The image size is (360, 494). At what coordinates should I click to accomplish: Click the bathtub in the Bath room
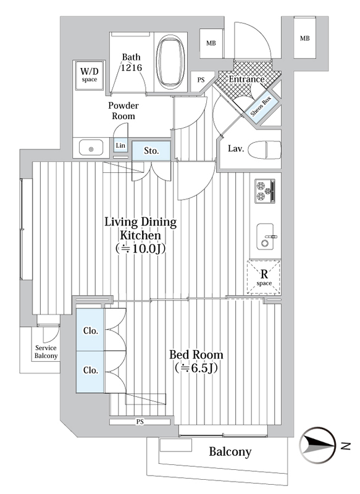point(171,62)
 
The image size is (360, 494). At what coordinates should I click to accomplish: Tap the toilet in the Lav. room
point(264,149)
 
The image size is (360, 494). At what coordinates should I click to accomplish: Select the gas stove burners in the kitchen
point(264,191)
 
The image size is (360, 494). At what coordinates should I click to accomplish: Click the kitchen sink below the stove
point(265,237)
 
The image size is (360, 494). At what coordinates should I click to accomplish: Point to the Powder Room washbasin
point(91,148)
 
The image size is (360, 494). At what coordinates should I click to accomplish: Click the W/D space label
point(89,75)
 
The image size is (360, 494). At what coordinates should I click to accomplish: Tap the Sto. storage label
point(151,151)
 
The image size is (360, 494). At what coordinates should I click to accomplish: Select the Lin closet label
point(120,145)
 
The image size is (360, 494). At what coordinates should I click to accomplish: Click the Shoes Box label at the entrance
point(261,106)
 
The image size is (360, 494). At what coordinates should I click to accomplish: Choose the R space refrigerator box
point(264,277)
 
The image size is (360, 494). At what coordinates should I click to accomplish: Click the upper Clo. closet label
point(91,331)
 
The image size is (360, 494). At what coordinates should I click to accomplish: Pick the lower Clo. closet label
point(91,370)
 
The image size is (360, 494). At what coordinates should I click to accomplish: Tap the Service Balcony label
point(46,352)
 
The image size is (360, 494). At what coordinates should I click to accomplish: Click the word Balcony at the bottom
point(230,452)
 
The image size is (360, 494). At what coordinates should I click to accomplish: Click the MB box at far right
point(304,38)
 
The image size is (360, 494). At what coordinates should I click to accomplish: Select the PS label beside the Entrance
point(201,80)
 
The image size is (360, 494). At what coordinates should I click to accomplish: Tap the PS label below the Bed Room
point(140,422)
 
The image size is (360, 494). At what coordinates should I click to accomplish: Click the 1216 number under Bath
point(132,67)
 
